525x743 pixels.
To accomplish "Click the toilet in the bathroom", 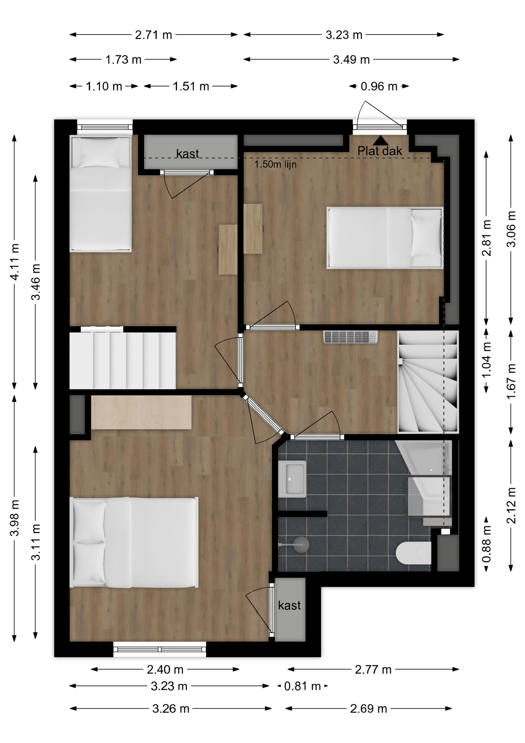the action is tap(414, 553).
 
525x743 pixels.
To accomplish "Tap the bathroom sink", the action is tap(292, 479).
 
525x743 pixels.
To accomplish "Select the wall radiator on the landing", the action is tap(350, 337).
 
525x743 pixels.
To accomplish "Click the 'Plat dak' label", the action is tap(380, 151).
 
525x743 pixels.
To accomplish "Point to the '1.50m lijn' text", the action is tap(275, 164).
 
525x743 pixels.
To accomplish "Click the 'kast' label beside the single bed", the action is tap(187, 153).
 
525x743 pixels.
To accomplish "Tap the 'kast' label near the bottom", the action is tap(289, 605).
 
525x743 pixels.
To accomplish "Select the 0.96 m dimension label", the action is tap(379, 86).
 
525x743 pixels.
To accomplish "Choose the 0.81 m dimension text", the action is tap(302, 686).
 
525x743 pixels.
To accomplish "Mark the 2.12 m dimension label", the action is tap(511, 505).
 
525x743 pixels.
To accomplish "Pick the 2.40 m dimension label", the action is tap(165, 669).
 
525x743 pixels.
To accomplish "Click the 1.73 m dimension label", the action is tap(123, 60).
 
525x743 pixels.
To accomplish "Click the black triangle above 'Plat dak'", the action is tap(380, 140).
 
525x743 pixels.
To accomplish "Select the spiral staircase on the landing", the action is tap(428, 382).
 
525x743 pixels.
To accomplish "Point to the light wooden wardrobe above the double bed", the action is tap(141, 412).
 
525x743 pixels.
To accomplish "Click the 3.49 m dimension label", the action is tap(351, 60).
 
